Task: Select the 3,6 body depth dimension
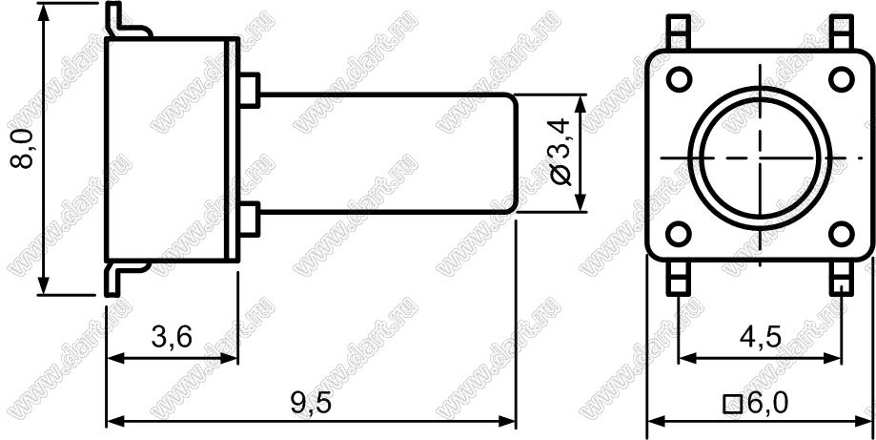(x=173, y=337)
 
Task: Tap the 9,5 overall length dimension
(x=311, y=403)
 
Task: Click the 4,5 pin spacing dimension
(x=761, y=337)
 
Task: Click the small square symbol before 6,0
(x=733, y=405)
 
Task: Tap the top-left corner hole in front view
(x=679, y=79)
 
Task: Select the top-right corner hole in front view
(x=841, y=79)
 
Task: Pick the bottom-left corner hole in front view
(x=679, y=233)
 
